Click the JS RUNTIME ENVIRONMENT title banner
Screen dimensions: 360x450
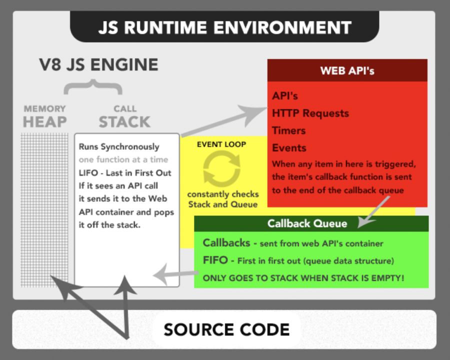[224, 27]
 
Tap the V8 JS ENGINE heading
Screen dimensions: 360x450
[99, 65]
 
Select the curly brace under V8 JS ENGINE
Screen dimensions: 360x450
[92, 87]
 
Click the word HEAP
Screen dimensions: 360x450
[45, 121]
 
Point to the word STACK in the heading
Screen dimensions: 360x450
[124, 122]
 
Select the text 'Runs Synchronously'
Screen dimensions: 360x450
[119, 147]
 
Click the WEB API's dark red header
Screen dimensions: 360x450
[347, 70]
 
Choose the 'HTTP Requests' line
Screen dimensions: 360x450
[310, 113]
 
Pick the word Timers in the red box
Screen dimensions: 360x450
[288, 130]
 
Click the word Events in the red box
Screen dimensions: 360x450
[289, 148]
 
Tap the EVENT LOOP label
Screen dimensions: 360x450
[221, 144]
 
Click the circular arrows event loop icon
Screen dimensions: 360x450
[221, 169]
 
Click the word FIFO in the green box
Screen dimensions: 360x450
[215, 260]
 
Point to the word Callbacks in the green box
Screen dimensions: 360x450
[226, 243]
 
